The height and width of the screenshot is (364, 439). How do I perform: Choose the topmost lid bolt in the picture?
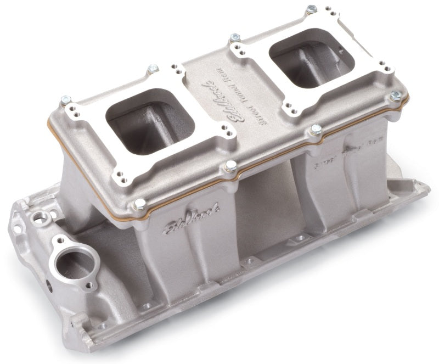(x=312, y=9)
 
